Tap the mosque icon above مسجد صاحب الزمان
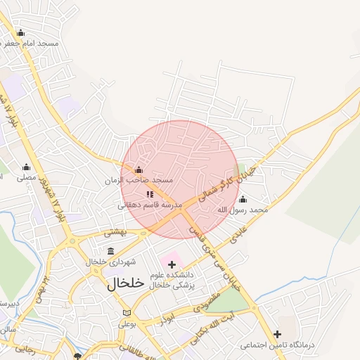coord(139,169)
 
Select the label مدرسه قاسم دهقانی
coord(149,205)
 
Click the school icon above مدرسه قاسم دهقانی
coord(150,194)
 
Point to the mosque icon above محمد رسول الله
coord(243,199)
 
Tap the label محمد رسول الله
coord(243,210)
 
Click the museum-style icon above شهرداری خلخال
coord(110,251)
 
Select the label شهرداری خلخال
coord(110,262)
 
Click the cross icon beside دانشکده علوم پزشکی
coord(172,264)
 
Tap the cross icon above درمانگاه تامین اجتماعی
coord(278,334)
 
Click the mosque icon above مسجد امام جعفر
coord(20,32)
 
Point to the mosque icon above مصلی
coord(27,167)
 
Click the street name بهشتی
coord(114,231)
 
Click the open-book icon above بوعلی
coord(127,313)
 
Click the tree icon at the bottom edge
coord(77,356)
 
